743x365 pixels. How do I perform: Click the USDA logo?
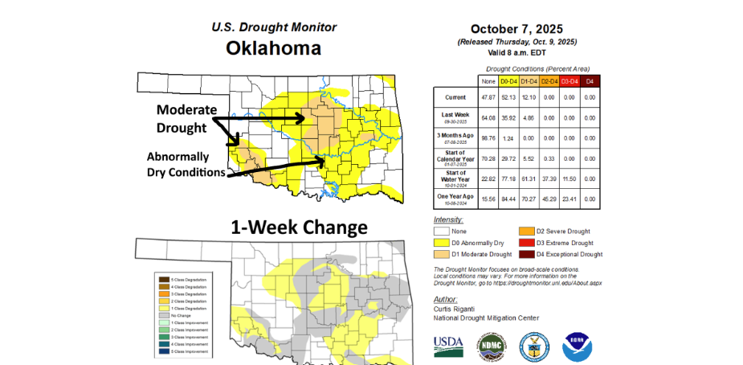(448, 346)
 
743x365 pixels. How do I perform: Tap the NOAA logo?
(578, 346)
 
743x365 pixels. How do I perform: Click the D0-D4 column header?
(508, 80)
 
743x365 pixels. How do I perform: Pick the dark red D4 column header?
(590, 80)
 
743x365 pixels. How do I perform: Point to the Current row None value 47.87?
(487, 97)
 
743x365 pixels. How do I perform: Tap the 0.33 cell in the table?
(549, 157)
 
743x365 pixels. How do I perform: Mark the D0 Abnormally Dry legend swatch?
(441, 243)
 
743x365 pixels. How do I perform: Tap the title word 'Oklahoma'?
(273, 48)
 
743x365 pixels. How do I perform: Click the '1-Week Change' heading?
(299, 228)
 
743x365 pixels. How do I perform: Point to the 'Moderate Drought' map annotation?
(186, 117)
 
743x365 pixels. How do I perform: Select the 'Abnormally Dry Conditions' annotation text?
(185, 164)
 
